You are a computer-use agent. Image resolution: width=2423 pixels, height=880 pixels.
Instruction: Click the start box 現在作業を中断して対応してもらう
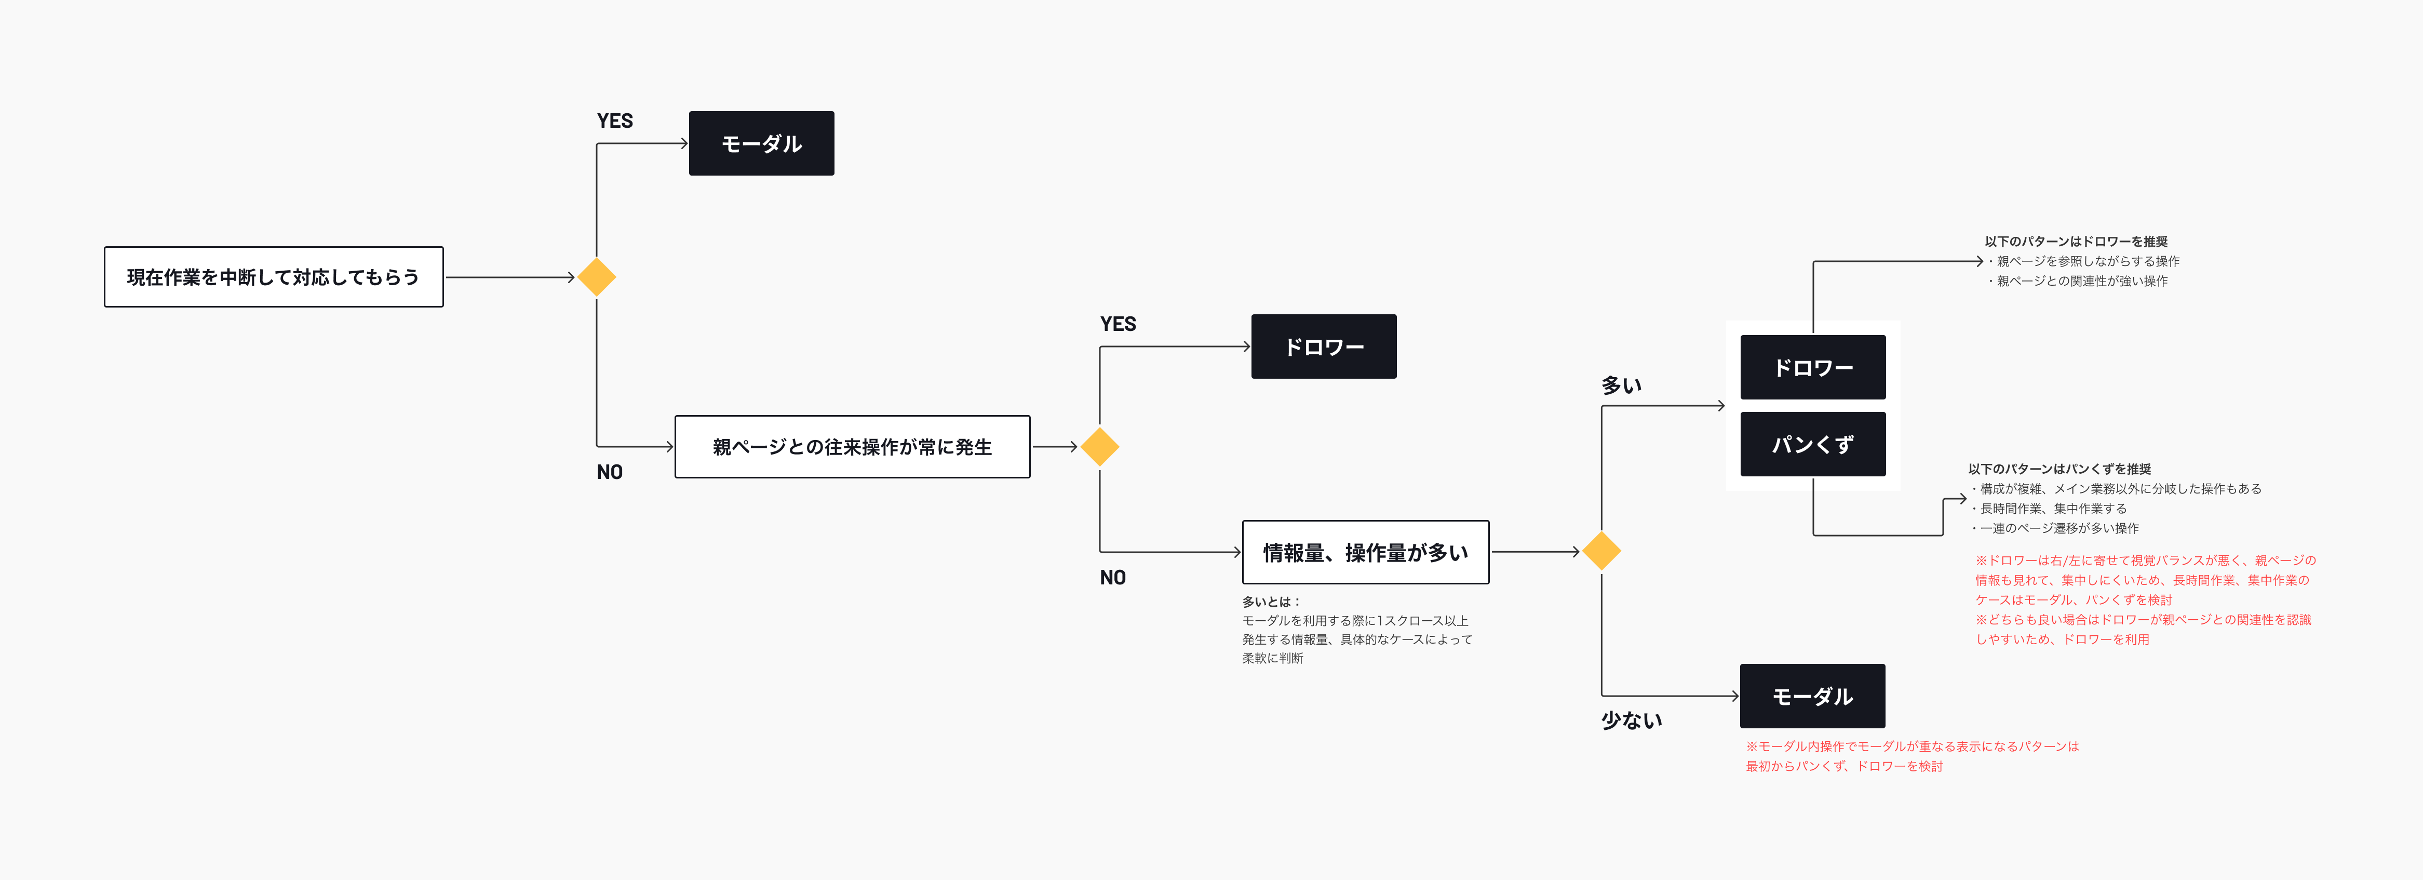click(274, 277)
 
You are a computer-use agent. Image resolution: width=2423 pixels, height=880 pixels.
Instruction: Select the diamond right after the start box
click(596, 277)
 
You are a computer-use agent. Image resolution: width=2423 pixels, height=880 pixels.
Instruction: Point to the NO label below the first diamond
click(610, 472)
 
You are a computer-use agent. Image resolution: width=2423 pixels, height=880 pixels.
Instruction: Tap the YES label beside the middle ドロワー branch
click(1119, 324)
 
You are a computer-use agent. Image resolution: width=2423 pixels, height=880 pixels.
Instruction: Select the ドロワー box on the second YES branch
click(1324, 346)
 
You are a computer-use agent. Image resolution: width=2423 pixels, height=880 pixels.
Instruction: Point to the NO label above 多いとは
click(1113, 577)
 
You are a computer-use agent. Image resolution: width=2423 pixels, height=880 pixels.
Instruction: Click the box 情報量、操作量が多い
click(1366, 553)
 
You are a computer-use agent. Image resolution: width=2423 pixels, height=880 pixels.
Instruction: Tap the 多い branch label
click(1622, 385)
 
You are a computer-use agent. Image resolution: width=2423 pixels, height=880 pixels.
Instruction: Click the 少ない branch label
click(1632, 720)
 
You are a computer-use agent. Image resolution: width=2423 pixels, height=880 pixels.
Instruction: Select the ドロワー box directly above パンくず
click(1812, 367)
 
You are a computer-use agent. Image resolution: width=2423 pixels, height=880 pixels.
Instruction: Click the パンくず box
click(1812, 444)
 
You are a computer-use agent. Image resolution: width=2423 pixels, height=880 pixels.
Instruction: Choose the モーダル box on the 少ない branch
click(1812, 697)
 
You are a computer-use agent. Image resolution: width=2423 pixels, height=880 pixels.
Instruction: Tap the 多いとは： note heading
click(1271, 602)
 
